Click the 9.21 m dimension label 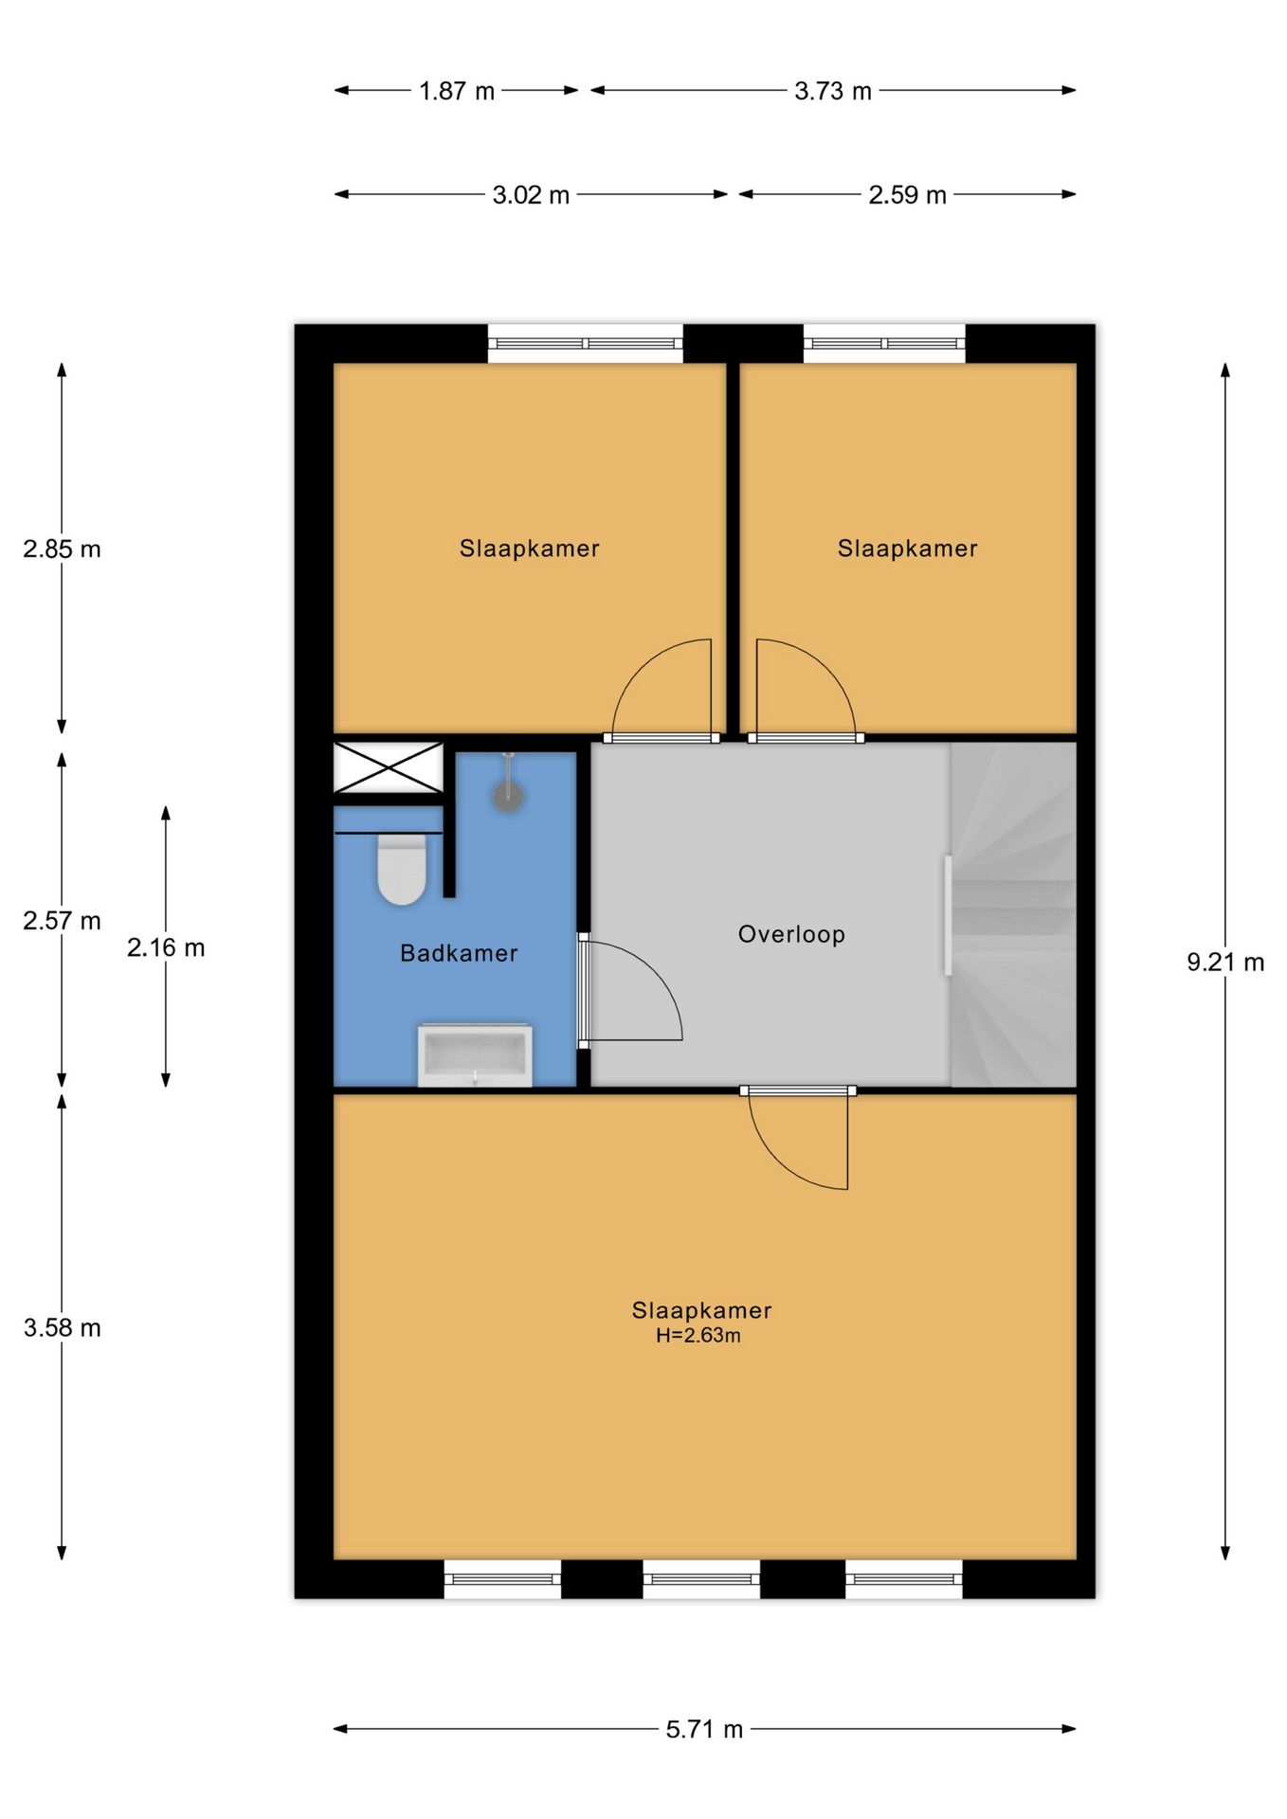(x=1225, y=963)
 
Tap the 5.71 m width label (x=704, y=1729)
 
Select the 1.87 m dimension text (x=457, y=91)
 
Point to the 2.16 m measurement (x=166, y=947)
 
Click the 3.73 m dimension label (x=833, y=91)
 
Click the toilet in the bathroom (x=401, y=869)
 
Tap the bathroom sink (x=475, y=1054)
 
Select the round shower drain (x=508, y=797)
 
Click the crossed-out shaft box (x=388, y=767)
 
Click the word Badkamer (x=459, y=953)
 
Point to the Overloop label (x=791, y=934)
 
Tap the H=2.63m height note (x=698, y=1336)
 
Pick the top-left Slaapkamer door (x=662, y=690)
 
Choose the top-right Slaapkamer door (x=806, y=690)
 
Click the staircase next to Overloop (x=1013, y=914)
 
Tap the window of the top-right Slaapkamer (x=885, y=344)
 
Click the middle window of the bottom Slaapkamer (x=701, y=1579)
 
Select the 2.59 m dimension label (x=908, y=195)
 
